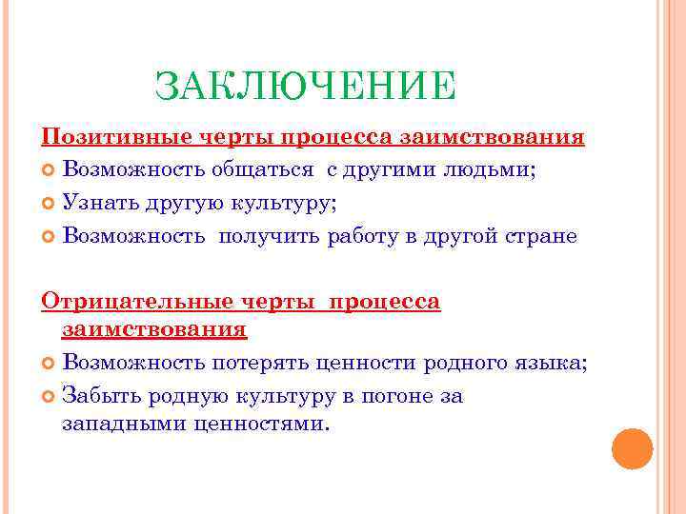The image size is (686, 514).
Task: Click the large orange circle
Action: (632, 448)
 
